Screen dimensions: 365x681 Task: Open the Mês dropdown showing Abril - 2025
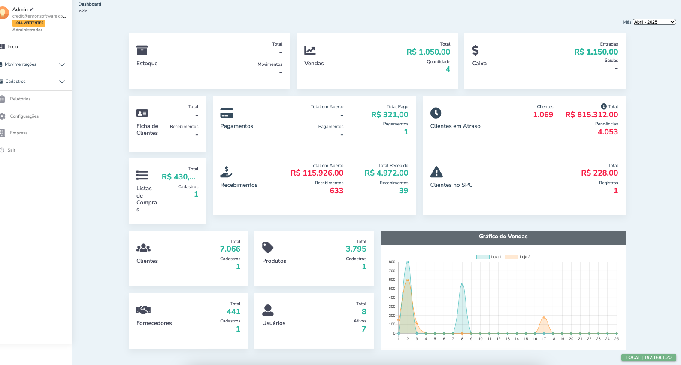[654, 22]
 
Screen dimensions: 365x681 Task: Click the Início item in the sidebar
[12, 47]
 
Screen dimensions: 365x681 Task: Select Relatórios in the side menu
[20, 99]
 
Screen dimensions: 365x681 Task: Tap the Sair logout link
[11, 150]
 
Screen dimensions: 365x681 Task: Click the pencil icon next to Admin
[32, 9]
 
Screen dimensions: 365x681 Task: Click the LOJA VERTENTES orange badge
[29, 23]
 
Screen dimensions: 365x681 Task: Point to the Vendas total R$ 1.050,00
[428, 52]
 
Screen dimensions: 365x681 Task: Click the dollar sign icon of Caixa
[475, 50]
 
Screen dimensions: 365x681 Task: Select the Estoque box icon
[142, 50]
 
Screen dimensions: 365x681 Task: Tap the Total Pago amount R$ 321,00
[390, 115]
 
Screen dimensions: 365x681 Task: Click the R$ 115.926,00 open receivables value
[317, 173]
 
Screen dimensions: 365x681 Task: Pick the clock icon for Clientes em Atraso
[436, 113]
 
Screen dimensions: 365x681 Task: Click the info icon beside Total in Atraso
[604, 106]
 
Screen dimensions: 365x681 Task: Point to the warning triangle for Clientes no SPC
[436, 172]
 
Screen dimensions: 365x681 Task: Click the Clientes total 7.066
[230, 249]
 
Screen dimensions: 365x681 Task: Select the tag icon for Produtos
[268, 248]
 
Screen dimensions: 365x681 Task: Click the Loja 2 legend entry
[518, 257]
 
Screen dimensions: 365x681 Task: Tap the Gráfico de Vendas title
[503, 237]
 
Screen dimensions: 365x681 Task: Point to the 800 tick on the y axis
[392, 262]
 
